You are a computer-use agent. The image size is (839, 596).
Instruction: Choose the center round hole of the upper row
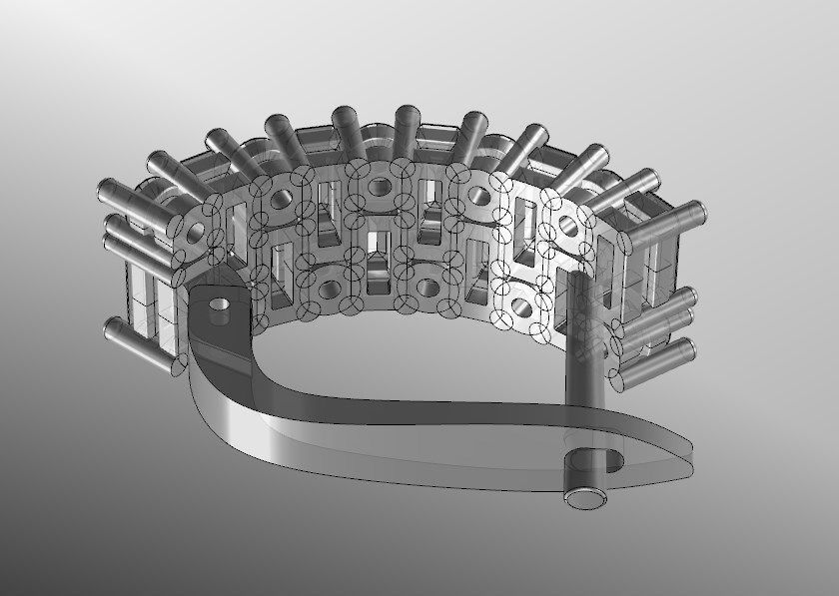[380, 187]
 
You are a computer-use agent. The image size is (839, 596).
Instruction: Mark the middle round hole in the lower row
[426, 290]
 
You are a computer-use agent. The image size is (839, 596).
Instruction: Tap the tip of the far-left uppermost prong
[106, 188]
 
